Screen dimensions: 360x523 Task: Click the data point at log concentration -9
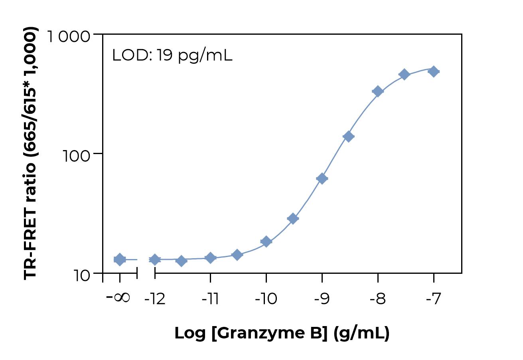click(x=322, y=178)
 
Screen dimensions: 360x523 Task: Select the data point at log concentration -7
click(x=433, y=72)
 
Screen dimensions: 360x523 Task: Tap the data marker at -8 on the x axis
click(x=377, y=91)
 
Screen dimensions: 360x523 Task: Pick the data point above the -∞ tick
click(x=120, y=259)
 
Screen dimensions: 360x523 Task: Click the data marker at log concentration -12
click(x=155, y=259)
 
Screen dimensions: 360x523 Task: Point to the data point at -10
click(x=266, y=241)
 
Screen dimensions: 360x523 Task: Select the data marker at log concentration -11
click(x=210, y=258)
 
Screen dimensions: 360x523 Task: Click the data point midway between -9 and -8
click(x=348, y=136)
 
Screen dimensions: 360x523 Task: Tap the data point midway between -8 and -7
click(x=404, y=74)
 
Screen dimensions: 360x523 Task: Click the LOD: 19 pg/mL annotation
click(x=172, y=55)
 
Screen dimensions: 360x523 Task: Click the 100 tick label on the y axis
click(x=77, y=155)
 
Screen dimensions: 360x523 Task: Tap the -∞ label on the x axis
click(x=118, y=298)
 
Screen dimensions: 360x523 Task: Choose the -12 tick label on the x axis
click(x=155, y=299)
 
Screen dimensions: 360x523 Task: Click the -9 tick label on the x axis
click(x=322, y=299)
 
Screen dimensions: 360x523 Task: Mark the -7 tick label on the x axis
click(x=433, y=299)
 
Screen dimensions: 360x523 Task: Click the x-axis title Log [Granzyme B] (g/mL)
click(x=282, y=333)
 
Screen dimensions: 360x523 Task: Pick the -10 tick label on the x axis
click(x=266, y=299)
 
